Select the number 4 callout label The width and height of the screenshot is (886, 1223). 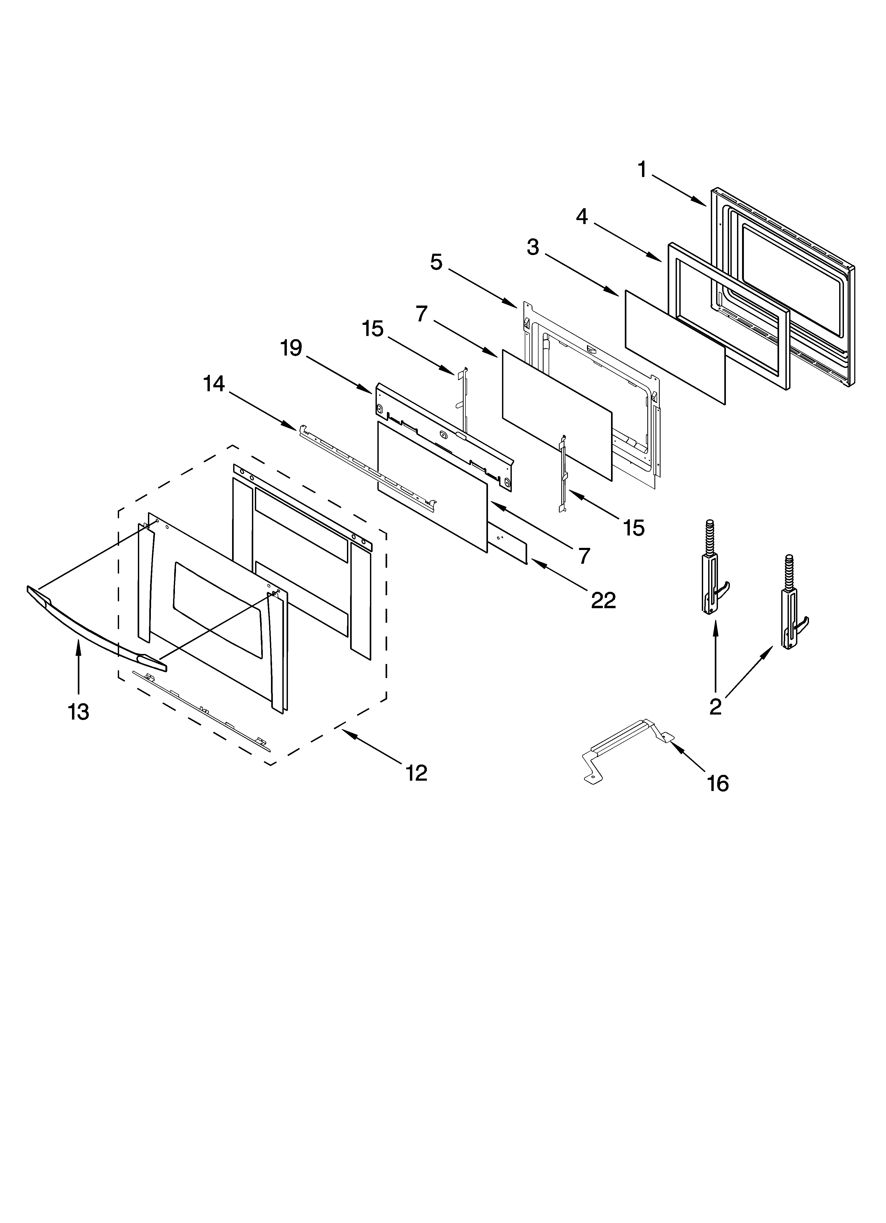[x=582, y=217]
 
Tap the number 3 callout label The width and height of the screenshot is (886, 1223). [x=533, y=248]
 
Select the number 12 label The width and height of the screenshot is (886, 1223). [x=416, y=773]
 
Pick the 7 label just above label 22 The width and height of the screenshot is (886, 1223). [x=584, y=556]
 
